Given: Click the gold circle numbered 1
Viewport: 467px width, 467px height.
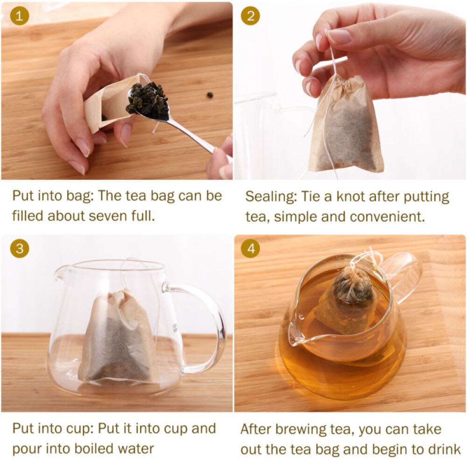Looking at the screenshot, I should click(20, 16).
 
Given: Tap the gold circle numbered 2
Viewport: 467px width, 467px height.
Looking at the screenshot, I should click(250, 16).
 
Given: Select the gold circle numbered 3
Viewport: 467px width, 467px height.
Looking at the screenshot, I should click(20, 248).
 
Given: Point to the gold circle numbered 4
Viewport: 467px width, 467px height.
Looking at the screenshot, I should click(250, 248).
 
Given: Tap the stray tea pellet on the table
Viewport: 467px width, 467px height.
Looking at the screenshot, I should click(210, 95).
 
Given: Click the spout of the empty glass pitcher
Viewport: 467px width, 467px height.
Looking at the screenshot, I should click(59, 275).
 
